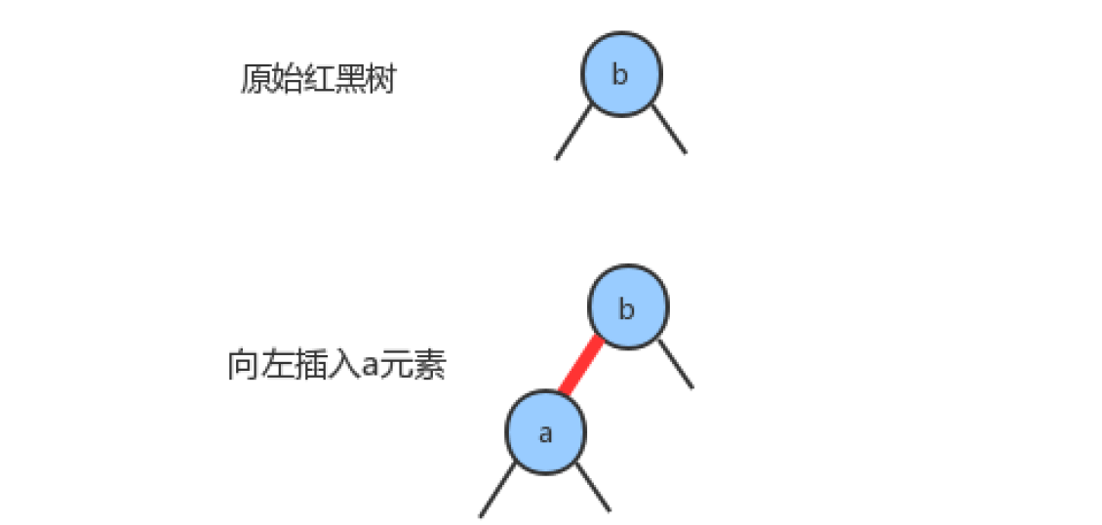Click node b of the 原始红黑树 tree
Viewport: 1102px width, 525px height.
click(x=621, y=74)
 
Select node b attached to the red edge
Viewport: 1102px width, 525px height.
click(x=628, y=307)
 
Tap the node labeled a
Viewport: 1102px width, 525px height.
click(x=545, y=432)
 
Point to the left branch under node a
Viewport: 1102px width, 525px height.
click(x=497, y=490)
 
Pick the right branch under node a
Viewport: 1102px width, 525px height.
click(x=593, y=486)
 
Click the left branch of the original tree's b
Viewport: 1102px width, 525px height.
click(x=573, y=132)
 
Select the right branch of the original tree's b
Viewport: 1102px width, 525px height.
click(x=668, y=129)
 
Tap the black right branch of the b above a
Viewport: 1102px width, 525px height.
click(x=676, y=363)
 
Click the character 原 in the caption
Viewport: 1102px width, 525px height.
click(x=256, y=79)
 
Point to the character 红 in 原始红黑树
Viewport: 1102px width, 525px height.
click(x=318, y=79)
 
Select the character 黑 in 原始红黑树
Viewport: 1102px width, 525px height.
click(x=348, y=79)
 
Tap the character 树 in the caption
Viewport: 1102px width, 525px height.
click(x=380, y=79)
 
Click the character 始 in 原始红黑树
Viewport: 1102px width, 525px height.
click(x=287, y=79)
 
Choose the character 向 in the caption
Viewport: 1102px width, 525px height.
click(x=243, y=366)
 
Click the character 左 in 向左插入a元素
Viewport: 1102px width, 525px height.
click(x=274, y=366)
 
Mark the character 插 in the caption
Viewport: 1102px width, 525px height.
click(x=305, y=366)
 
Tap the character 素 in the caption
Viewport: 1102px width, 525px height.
click(x=430, y=366)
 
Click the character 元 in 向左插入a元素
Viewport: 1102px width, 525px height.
click(x=397, y=366)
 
